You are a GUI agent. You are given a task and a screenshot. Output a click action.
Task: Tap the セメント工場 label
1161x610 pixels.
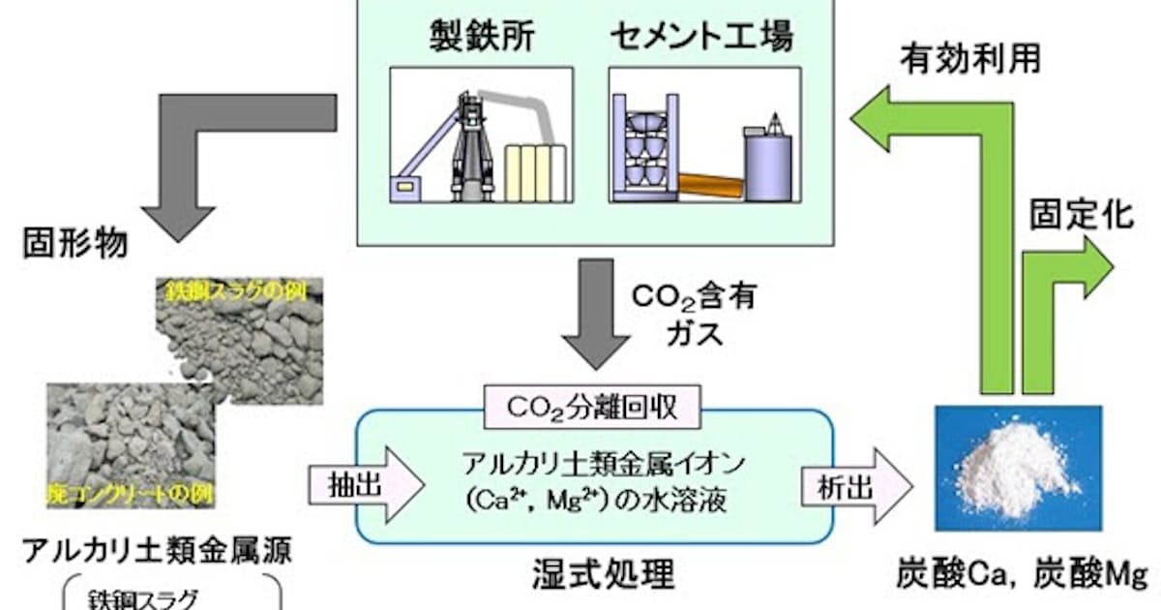pyautogui.click(x=702, y=38)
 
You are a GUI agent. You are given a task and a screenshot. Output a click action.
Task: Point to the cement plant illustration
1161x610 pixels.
pyautogui.click(x=703, y=135)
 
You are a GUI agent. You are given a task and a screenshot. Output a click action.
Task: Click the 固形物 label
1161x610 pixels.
pyautogui.click(x=75, y=243)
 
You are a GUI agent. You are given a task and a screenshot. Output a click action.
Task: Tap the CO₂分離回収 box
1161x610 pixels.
pyautogui.click(x=591, y=408)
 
